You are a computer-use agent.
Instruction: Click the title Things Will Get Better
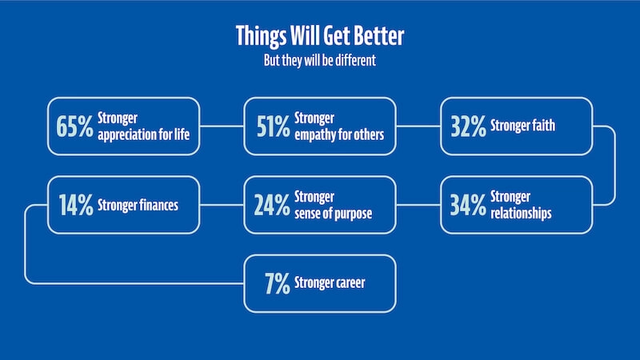[x=320, y=37]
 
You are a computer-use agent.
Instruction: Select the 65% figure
[x=74, y=126]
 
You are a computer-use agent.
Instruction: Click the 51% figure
[x=272, y=126]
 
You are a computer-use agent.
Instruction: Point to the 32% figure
[x=468, y=126]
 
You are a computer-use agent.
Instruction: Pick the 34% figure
[x=468, y=205]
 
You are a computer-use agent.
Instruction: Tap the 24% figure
[x=272, y=205]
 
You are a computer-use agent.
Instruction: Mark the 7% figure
[x=277, y=282]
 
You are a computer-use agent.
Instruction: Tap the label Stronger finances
[x=137, y=205]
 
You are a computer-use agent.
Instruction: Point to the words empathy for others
[x=339, y=134]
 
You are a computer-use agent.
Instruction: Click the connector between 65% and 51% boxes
[x=222, y=126]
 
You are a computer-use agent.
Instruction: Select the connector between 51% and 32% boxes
[x=418, y=126]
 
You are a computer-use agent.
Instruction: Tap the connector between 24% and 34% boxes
[x=418, y=205]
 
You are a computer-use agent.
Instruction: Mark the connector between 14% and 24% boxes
[x=222, y=205]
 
